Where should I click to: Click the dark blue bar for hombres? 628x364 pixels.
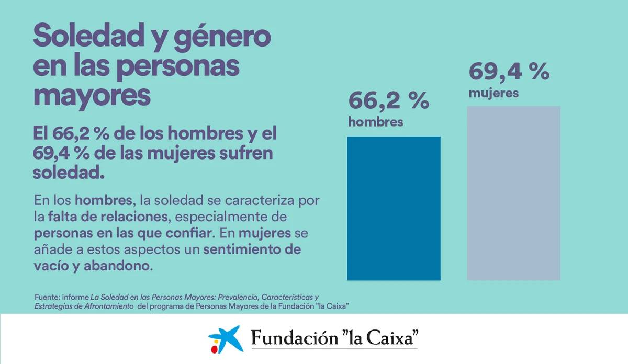pos(394,208)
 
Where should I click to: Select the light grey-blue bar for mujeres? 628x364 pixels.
pos(513,193)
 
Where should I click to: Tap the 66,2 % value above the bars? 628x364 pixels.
pos(388,100)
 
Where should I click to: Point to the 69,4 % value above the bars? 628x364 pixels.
pos(509,72)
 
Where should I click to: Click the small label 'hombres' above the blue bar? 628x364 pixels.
pos(376,122)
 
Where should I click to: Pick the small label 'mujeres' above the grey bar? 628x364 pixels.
pos(494,93)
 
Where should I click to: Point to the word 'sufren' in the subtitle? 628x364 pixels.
pos(245,153)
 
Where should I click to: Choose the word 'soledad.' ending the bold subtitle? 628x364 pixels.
pos(69,173)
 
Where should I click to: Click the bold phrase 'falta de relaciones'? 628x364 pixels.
pos(108,217)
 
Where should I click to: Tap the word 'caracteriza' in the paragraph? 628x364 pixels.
pos(260,200)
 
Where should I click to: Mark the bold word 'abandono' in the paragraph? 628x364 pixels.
pos(118,266)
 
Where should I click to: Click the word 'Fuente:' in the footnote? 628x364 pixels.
pos(48,297)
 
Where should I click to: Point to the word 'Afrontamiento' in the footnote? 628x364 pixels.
pos(108,306)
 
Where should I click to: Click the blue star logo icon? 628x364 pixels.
pos(226,339)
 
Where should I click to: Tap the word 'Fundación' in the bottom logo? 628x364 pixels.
pos(294,338)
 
